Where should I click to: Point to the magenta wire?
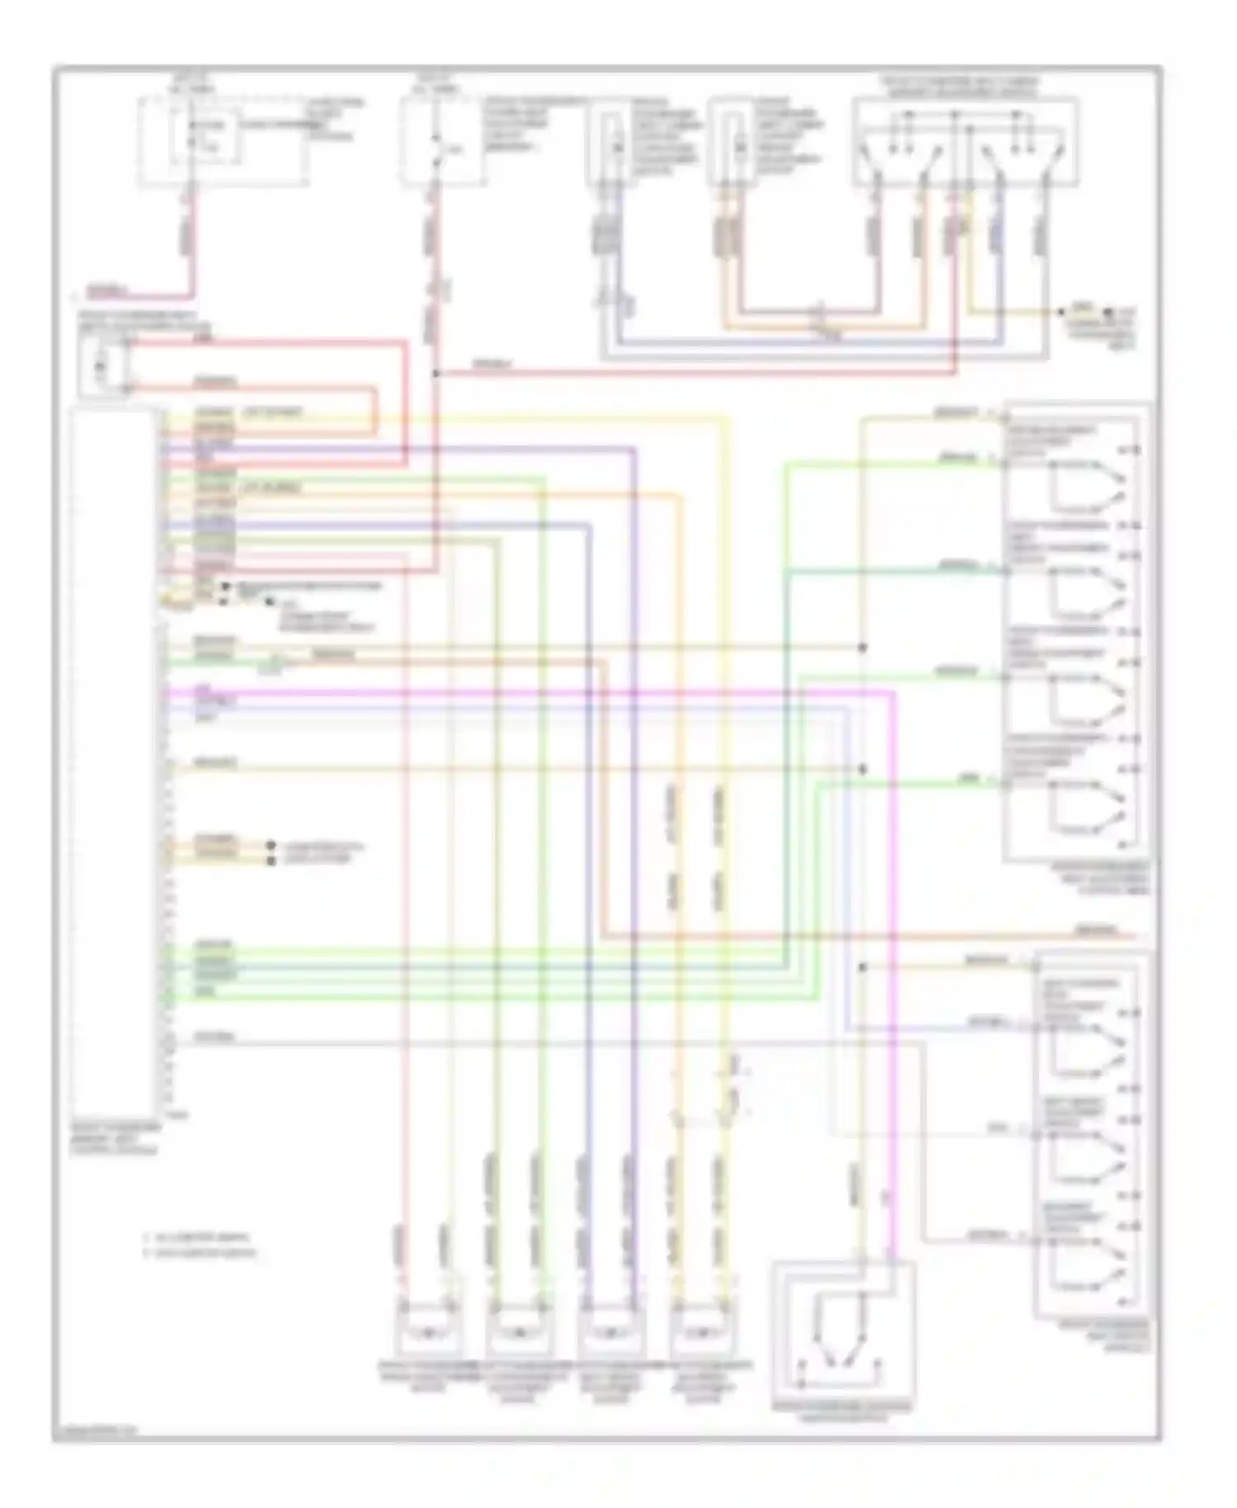click(x=892, y=990)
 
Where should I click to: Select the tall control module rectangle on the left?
click(x=114, y=759)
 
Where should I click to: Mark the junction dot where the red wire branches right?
click(x=436, y=374)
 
